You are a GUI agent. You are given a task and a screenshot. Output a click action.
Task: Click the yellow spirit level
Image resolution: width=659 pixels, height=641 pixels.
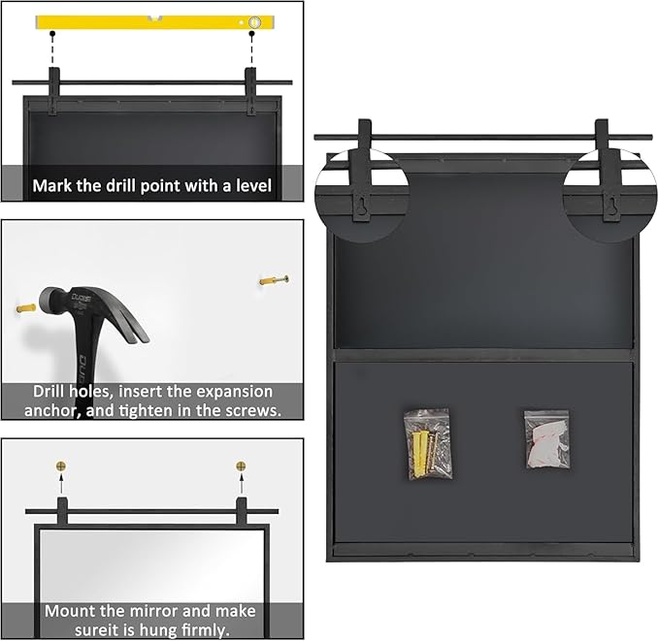pyautogui.click(x=155, y=22)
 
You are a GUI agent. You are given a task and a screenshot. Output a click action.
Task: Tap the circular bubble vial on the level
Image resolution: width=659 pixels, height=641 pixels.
pyautogui.click(x=254, y=22)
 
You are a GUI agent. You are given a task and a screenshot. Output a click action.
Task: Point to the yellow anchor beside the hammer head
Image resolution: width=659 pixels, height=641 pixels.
pyautogui.click(x=26, y=308)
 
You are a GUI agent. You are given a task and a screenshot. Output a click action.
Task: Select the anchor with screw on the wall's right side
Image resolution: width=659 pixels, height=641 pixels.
pyautogui.click(x=274, y=279)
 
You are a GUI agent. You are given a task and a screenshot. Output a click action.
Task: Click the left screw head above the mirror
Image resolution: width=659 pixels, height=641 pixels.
pyautogui.click(x=61, y=465)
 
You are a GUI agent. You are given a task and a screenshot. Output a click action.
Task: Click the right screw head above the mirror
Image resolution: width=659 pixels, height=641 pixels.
pyautogui.click(x=241, y=465)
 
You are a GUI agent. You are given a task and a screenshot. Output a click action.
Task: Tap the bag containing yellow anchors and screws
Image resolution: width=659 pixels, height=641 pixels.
pyautogui.click(x=428, y=443)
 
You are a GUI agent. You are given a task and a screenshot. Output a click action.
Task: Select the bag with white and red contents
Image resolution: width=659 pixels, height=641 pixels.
pyautogui.click(x=546, y=440)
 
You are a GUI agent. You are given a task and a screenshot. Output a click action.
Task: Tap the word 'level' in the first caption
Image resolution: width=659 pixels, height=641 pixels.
pyautogui.click(x=254, y=185)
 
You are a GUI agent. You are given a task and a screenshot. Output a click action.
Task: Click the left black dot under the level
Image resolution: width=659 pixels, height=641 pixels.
pyautogui.click(x=52, y=33)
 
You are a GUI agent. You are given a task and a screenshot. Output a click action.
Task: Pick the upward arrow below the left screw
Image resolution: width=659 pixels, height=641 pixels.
pyautogui.click(x=61, y=483)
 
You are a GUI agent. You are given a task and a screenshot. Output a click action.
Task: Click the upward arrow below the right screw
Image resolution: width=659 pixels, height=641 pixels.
pyautogui.click(x=241, y=483)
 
